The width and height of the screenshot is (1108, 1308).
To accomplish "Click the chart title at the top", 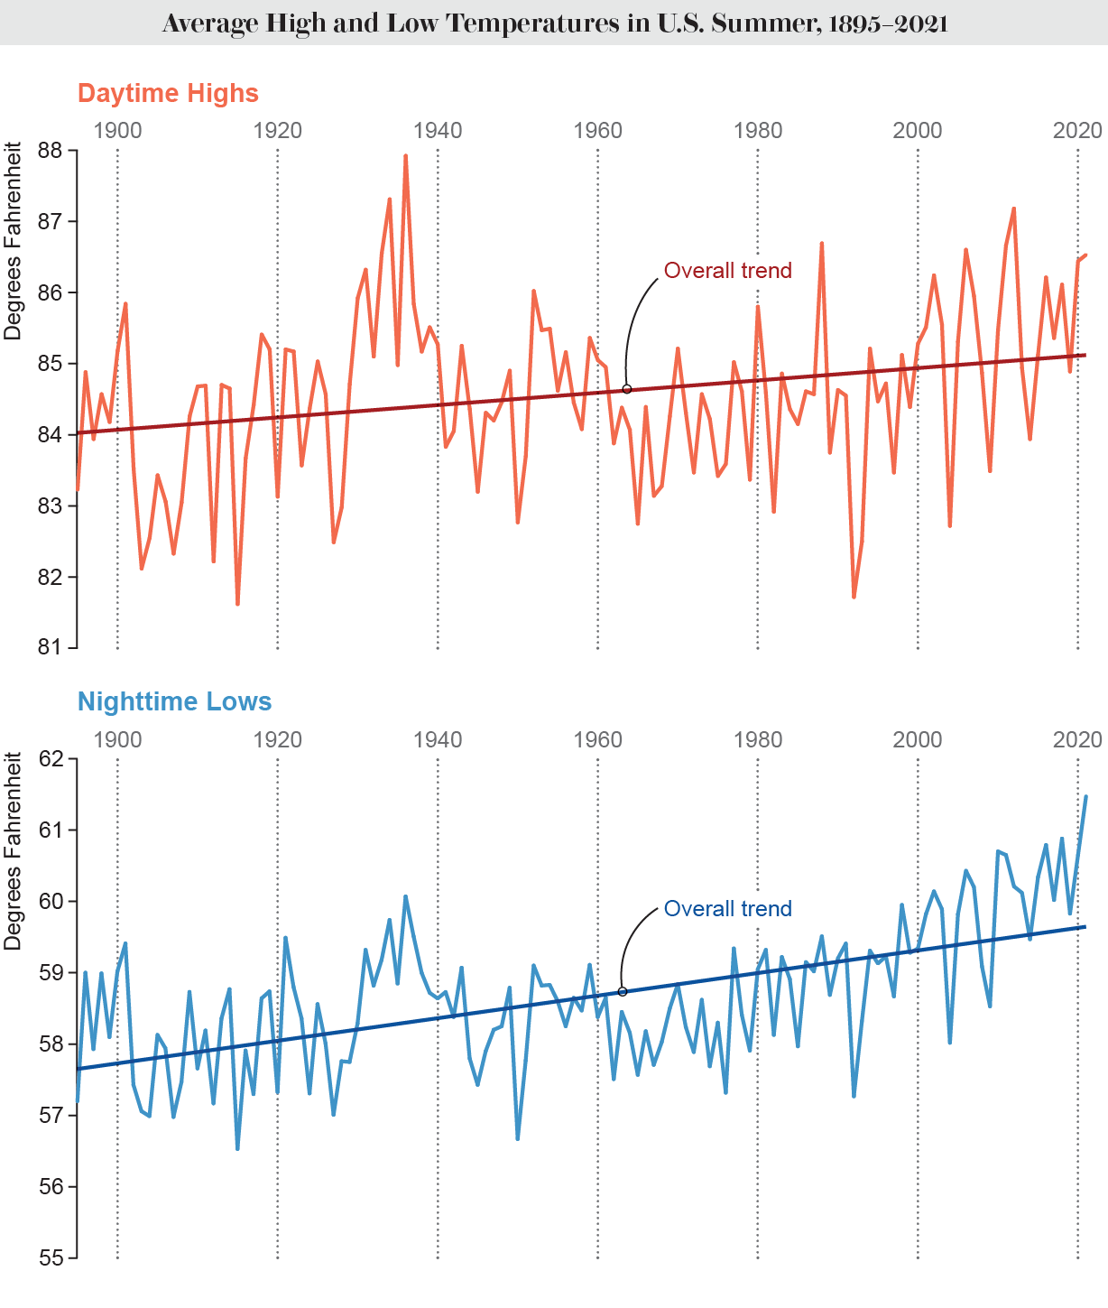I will pos(554,23).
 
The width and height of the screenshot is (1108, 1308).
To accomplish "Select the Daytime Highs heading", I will pos(168,93).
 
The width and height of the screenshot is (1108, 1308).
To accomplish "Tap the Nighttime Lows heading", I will pos(174,701).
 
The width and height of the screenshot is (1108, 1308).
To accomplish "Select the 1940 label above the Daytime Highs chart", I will pos(437,130).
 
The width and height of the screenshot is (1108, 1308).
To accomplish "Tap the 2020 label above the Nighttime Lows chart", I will pos(1077,739).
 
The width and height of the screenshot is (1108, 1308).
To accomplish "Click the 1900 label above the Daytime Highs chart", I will pos(117,130).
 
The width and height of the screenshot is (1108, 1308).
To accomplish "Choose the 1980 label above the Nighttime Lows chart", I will pos(757,739).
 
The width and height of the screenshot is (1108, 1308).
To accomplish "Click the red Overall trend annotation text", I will pos(727,270).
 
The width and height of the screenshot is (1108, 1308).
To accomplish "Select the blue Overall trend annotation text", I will pos(727,908).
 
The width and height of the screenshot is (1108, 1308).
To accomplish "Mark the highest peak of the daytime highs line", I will pos(405,156).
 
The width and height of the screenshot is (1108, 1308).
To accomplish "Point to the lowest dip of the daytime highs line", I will pos(237,604).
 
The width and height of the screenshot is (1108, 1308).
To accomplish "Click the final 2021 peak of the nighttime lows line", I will pos(1085,797).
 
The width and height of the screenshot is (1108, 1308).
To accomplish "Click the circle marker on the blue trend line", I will pos(622,991).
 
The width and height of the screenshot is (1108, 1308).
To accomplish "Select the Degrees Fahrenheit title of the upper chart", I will pos(13,241).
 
